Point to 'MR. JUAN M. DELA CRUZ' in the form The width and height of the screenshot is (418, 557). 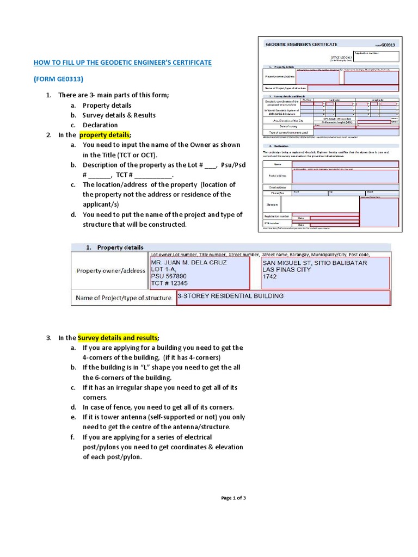188,263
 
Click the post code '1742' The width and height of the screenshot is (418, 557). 269,276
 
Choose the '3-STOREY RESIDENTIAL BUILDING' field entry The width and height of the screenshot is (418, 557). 230,296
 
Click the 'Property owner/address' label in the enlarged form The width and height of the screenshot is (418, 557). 110,271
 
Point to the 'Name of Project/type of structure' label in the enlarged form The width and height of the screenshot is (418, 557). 124,298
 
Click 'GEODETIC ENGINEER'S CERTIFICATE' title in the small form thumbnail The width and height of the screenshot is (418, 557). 301,44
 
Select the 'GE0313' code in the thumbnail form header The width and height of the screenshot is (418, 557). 390,45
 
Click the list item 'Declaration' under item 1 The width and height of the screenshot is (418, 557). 100,125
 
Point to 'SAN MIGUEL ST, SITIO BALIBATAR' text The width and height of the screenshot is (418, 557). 315,263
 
